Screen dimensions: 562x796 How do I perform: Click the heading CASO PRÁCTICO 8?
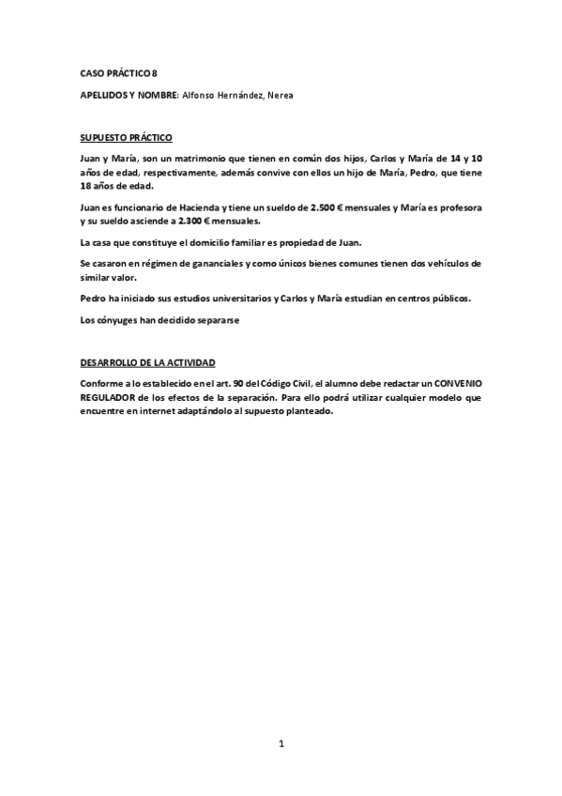point(113,72)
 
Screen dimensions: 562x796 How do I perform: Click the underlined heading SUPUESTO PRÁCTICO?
point(126,137)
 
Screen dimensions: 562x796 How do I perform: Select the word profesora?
point(459,207)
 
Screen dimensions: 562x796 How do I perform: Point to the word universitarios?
point(234,298)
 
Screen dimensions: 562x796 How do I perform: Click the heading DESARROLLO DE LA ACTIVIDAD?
point(147,361)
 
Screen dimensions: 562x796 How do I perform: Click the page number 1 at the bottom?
point(281,743)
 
